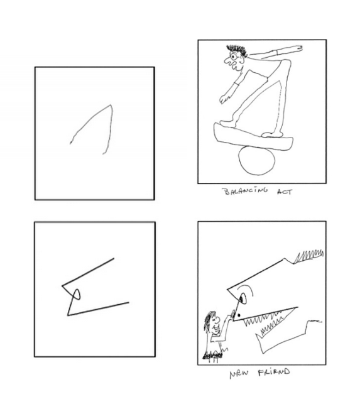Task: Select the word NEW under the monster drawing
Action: tap(239, 375)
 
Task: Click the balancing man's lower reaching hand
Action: tap(224, 97)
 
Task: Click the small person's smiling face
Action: tap(216, 324)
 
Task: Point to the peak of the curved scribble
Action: tap(110, 105)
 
